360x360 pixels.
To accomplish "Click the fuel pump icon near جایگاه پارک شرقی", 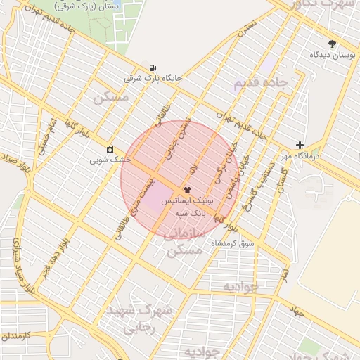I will click(x=153, y=67).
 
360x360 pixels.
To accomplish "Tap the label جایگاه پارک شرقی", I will click(x=153, y=78).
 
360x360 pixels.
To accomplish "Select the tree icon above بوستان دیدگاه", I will click(x=332, y=44).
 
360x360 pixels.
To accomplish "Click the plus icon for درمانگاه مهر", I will click(x=300, y=144).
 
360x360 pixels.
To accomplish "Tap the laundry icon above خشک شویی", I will click(x=110, y=149).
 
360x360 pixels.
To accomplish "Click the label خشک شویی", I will click(x=110, y=160).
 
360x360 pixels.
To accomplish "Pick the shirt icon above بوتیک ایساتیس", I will click(x=187, y=190).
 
